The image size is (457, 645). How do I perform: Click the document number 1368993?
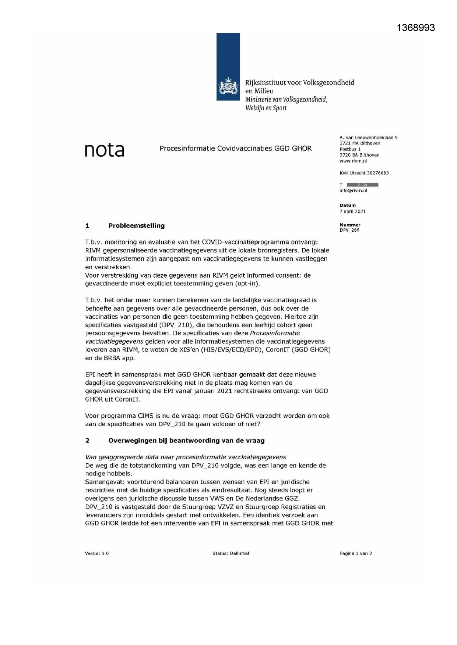[416, 28]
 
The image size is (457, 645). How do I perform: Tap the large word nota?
[104, 150]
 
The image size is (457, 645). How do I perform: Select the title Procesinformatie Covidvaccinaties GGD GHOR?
[235, 149]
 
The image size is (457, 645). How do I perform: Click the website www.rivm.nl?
[353, 161]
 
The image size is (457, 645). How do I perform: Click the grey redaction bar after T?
[362, 185]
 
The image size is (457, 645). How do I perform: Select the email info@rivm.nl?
[353, 190]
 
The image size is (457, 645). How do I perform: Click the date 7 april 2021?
[352, 211]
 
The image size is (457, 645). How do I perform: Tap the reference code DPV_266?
[349, 230]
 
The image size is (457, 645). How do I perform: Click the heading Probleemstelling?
[136, 226]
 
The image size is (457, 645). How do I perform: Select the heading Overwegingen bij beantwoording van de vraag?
[186, 441]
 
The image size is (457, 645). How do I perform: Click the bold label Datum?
[348, 206]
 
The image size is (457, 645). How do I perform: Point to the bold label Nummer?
[350, 225]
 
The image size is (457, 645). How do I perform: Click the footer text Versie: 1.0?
[96, 553]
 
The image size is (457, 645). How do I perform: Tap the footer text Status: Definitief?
[231, 553]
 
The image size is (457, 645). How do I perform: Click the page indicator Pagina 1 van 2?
[356, 553]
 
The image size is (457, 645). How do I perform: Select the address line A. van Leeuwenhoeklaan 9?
[368, 138]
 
